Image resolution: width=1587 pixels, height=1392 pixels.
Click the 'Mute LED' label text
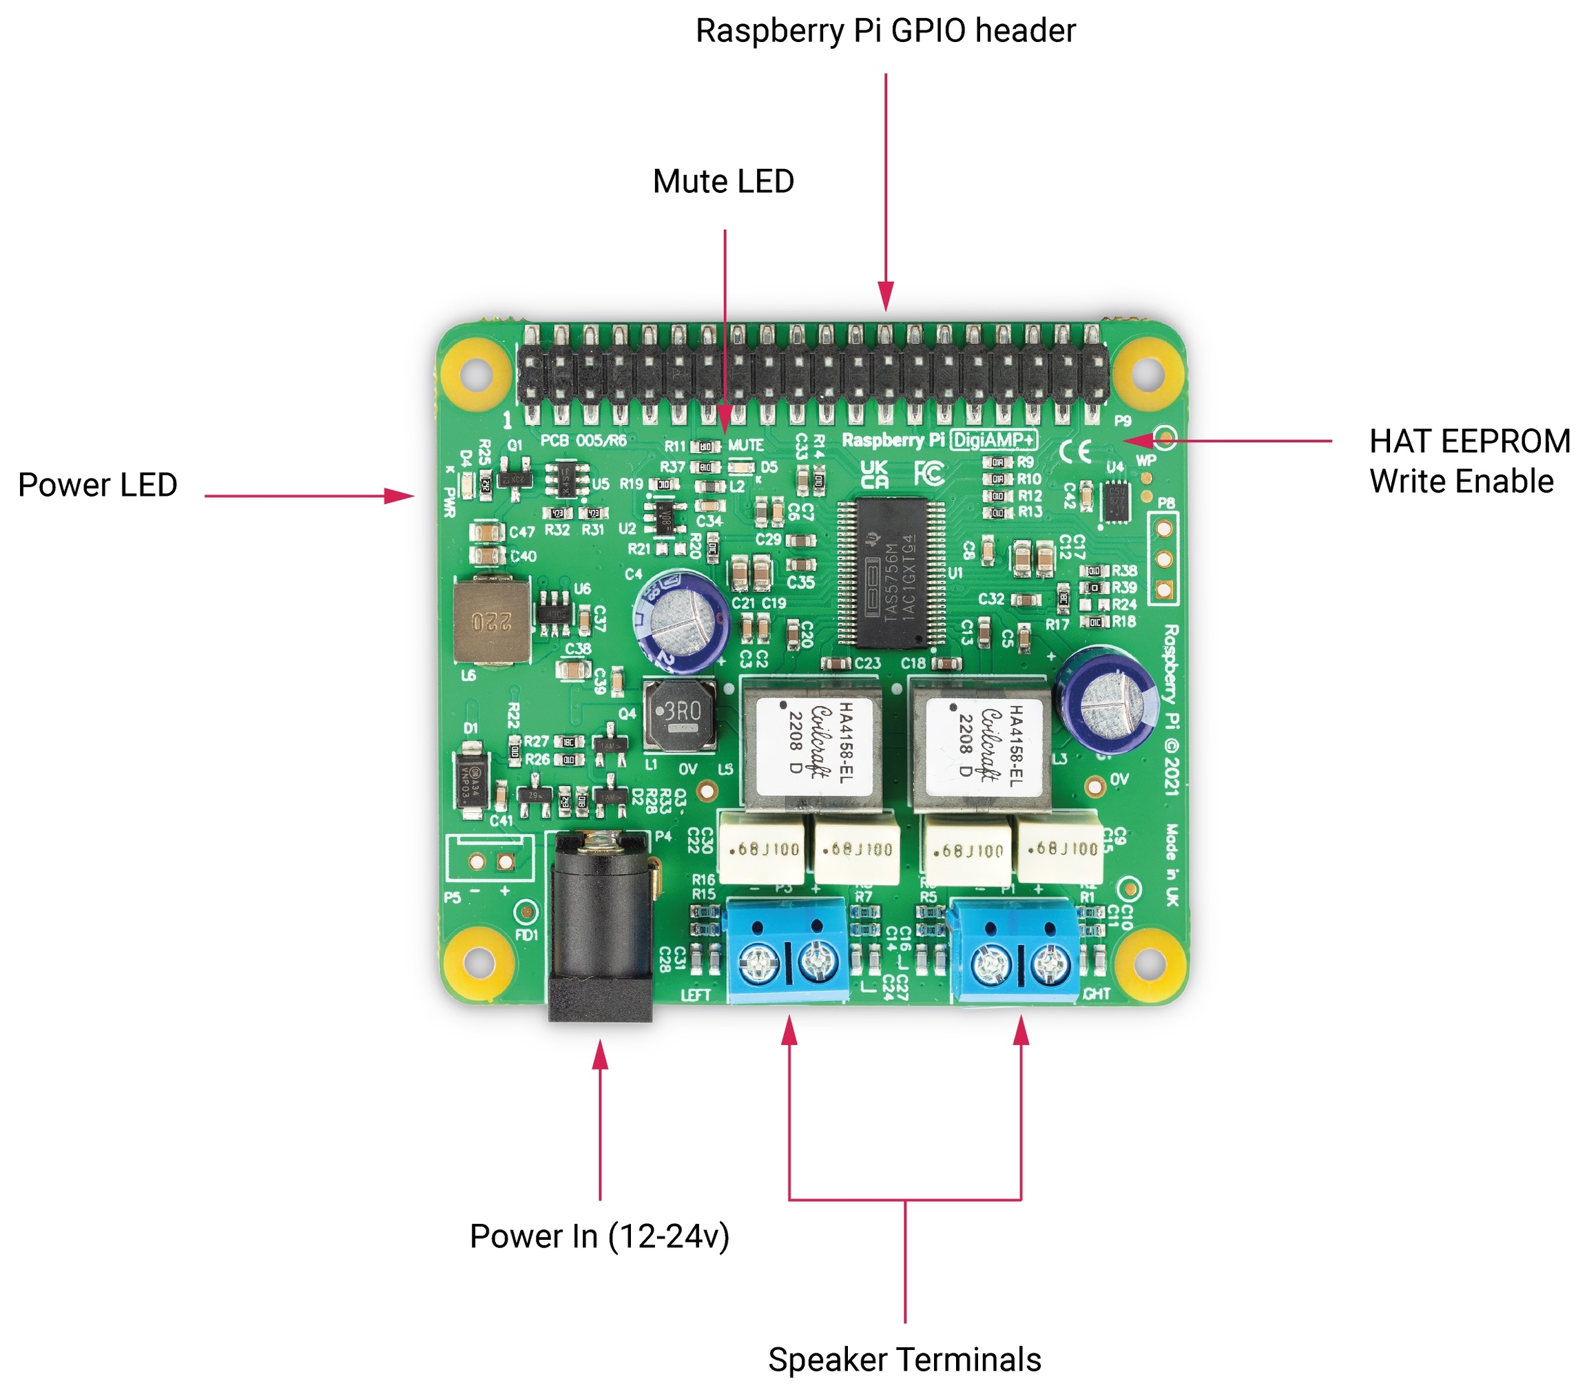tap(723, 182)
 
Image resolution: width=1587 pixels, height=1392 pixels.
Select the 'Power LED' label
tap(98, 484)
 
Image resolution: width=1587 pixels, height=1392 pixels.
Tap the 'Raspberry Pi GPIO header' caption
tap(885, 31)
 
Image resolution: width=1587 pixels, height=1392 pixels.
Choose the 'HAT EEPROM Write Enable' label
tap(1469, 461)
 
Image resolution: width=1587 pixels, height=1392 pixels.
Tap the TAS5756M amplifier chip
tap(891, 573)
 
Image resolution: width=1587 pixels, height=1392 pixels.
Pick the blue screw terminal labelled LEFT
tap(786, 950)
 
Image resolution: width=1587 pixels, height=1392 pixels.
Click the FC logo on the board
tap(929, 472)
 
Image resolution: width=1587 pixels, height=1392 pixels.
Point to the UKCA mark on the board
tap(874, 474)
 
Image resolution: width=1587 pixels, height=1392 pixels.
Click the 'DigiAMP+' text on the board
tap(995, 440)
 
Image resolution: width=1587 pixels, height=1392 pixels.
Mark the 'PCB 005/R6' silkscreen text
tap(583, 440)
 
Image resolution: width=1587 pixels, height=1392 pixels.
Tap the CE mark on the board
tap(1075, 452)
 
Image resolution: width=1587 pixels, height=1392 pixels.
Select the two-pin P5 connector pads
tap(490, 861)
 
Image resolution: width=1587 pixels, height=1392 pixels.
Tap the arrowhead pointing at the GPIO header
tap(886, 298)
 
